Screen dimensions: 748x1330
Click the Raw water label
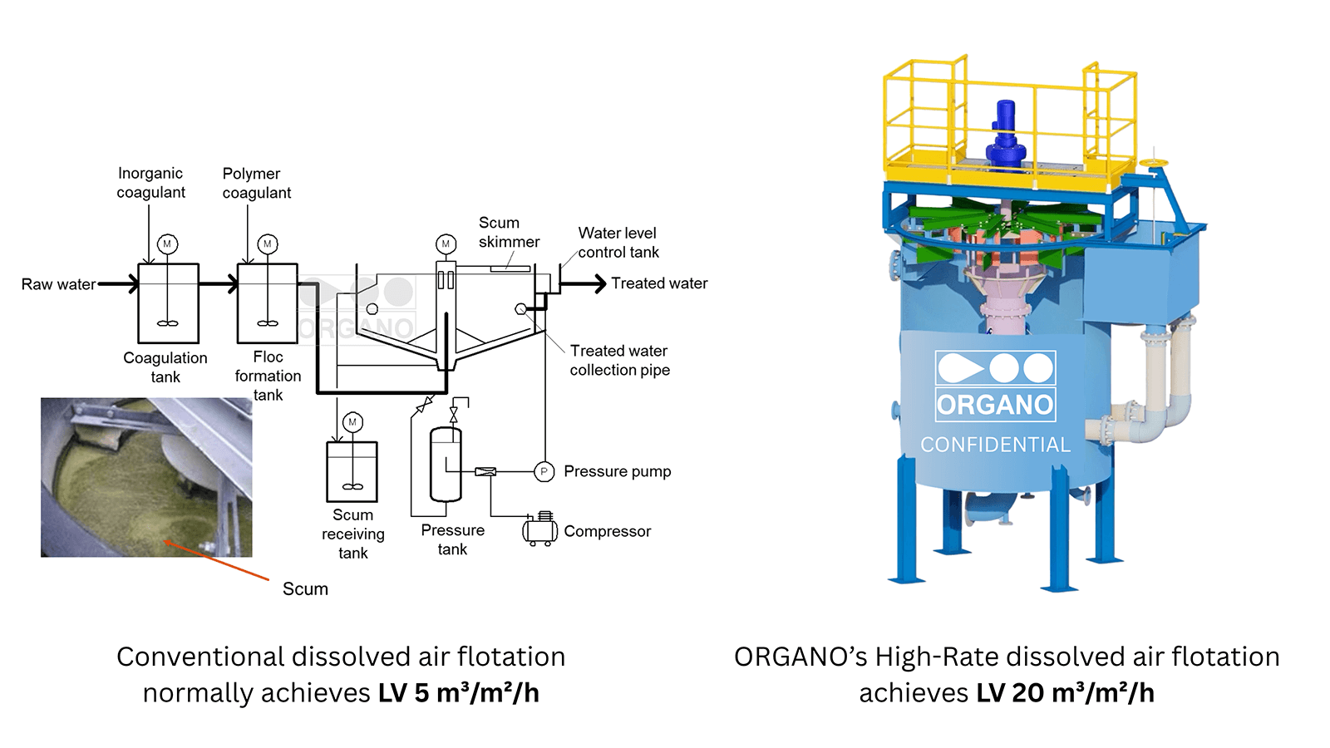tap(58, 284)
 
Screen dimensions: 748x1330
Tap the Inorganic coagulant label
tap(150, 183)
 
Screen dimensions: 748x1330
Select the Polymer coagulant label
tap(256, 183)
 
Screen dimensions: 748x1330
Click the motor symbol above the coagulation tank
tap(167, 244)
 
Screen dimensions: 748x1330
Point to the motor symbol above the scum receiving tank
tap(352, 422)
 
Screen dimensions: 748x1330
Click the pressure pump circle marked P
tap(544, 472)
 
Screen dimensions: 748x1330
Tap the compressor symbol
tap(539, 529)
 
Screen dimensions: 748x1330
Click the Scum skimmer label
tap(508, 232)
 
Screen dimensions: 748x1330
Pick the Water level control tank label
tap(618, 243)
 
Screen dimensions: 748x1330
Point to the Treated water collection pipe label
tap(619, 360)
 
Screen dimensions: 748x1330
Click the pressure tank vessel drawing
tap(446, 464)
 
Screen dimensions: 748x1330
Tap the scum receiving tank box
tap(352, 471)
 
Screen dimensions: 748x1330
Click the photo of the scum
tap(146, 476)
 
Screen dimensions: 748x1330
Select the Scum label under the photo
tap(305, 589)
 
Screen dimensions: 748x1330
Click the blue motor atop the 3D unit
tap(1006, 133)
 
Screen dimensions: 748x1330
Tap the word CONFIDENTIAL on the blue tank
tap(995, 445)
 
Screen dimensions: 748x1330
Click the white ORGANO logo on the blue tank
tap(995, 386)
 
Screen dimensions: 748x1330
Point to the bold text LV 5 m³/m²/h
tap(459, 692)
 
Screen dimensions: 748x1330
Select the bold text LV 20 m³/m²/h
tap(1066, 692)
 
